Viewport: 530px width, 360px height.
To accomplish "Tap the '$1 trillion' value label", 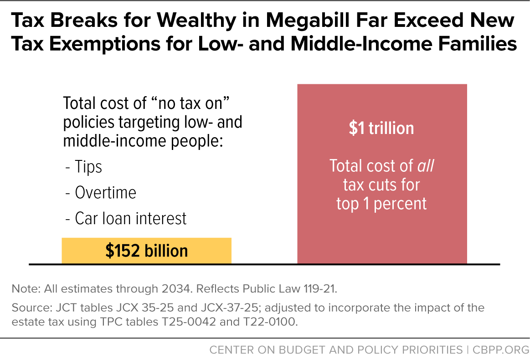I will point(381,129).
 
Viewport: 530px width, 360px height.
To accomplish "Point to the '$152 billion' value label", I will point(146,251).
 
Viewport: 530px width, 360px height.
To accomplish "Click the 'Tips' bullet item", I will point(88,167).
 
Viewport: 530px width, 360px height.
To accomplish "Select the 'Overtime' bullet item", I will point(105,193).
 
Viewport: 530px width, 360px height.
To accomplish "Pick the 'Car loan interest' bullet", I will point(131,219).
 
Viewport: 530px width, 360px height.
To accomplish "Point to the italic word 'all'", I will point(426,166).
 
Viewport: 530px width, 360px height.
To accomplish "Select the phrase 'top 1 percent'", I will point(381,203).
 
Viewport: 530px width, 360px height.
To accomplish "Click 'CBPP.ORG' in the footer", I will point(500,350).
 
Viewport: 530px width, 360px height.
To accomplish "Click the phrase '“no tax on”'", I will point(192,103).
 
